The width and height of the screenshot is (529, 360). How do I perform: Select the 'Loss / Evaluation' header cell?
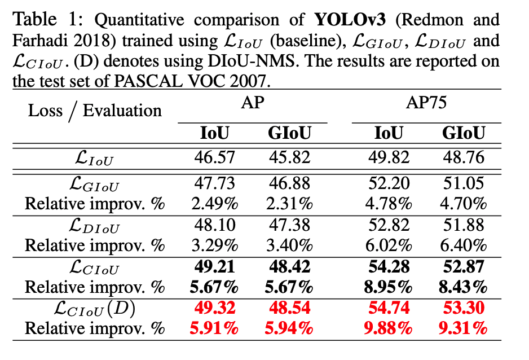pyautogui.click(x=95, y=111)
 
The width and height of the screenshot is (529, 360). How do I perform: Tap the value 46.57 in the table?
pyautogui.click(x=215, y=157)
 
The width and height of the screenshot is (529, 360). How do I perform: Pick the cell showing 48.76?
pyautogui.click(x=464, y=157)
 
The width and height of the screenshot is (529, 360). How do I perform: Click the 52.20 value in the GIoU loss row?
pyautogui.click(x=389, y=182)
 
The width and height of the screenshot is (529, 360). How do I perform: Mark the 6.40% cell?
pyautogui.click(x=464, y=245)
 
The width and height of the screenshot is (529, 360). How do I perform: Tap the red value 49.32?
pyautogui.click(x=215, y=308)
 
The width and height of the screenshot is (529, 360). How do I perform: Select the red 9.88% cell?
pyautogui.click(x=389, y=328)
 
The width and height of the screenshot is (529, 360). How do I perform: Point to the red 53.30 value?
pyautogui.click(x=464, y=308)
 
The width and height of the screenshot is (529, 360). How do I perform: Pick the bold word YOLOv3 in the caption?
pyautogui.click(x=343, y=20)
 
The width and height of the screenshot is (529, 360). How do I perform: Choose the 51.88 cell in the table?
pyautogui.click(x=464, y=225)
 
